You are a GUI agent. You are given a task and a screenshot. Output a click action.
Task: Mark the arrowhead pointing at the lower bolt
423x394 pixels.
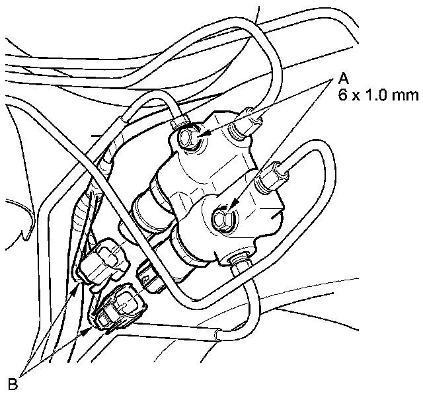click(233, 207)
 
